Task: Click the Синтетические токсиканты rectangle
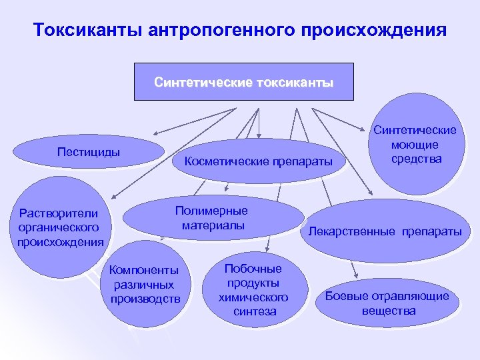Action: (243, 83)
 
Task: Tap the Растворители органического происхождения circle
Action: (60, 227)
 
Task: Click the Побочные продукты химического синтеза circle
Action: (253, 289)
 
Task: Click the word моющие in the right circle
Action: (415, 145)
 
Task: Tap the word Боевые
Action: (348, 297)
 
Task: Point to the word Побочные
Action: (253, 269)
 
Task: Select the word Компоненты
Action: (145, 270)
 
